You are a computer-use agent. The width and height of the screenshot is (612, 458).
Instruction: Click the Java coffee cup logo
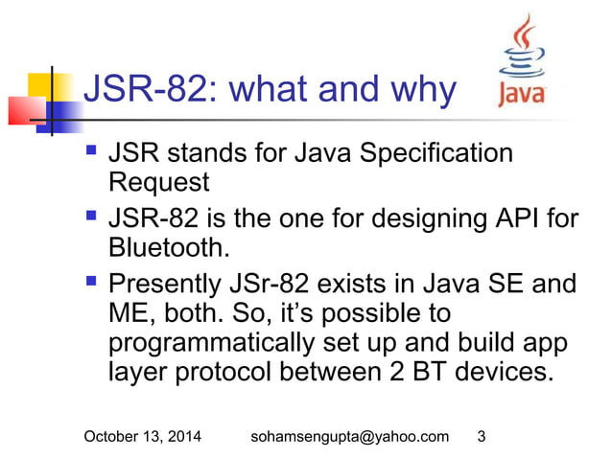(x=524, y=59)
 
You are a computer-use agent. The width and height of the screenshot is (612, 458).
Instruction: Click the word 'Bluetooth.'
(x=169, y=248)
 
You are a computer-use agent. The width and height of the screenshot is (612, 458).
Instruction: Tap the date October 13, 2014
(x=143, y=437)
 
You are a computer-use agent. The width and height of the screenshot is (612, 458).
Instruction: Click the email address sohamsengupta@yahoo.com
(x=349, y=437)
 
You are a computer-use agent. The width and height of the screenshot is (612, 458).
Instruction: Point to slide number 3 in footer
(x=481, y=437)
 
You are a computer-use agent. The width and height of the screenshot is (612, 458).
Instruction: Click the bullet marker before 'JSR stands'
(x=91, y=151)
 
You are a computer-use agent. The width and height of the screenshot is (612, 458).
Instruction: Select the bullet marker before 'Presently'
(x=91, y=286)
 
